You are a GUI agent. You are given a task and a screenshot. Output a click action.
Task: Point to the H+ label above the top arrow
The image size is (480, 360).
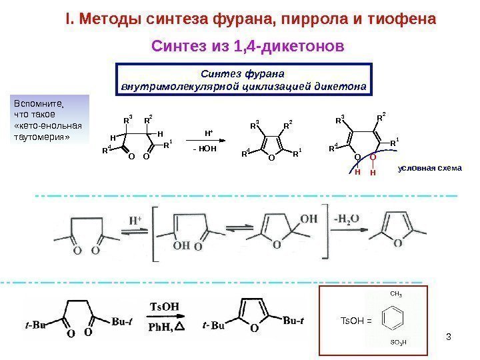pyautogui.click(x=209, y=133)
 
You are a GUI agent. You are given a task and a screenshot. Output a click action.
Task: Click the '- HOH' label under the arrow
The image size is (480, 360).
pyautogui.click(x=206, y=149)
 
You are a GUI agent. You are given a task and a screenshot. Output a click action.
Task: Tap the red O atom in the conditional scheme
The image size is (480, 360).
pyautogui.click(x=373, y=159)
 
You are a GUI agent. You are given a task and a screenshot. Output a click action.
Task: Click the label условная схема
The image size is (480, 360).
pyautogui.click(x=429, y=168)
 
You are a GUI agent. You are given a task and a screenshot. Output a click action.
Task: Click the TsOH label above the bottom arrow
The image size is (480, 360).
pyautogui.click(x=163, y=307)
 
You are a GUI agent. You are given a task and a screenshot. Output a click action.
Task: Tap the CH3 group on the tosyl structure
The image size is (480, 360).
pyautogui.click(x=395, y=294)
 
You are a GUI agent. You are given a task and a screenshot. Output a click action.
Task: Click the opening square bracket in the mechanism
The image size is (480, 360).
pyautogui.click(x=155, y=229)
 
